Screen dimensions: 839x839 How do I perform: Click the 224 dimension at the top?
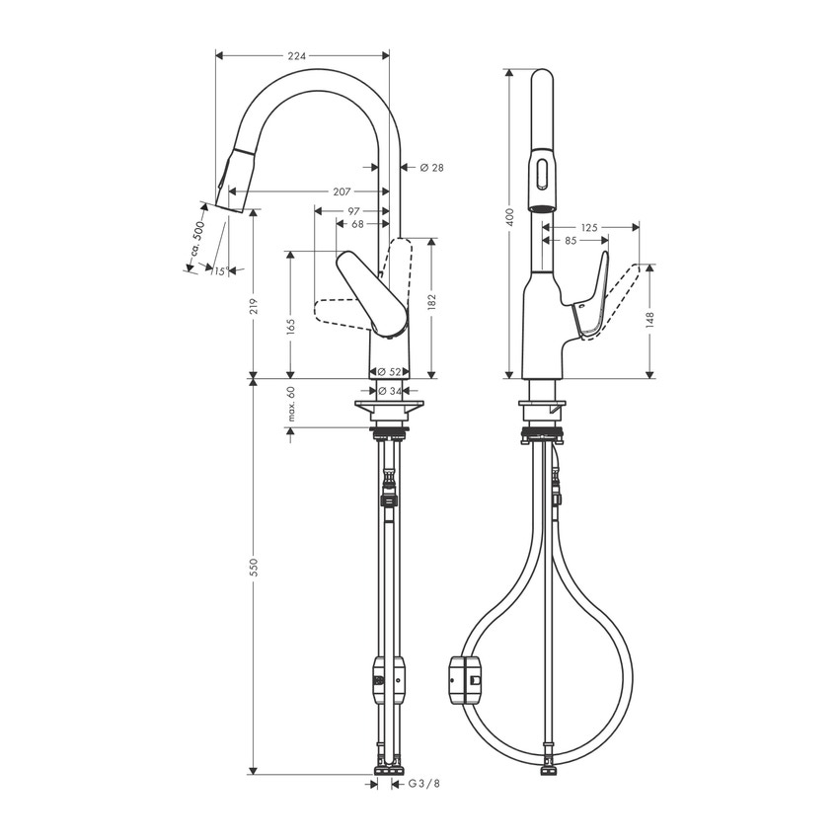[x=296, y=56]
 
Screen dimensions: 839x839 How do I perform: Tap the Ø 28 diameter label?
[x=431, y=168]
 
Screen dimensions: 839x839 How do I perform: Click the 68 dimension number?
[x=357, y=225]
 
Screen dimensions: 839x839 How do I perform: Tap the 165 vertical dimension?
[x=290, y=327]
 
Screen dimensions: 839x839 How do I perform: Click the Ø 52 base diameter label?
[x=391, y=372]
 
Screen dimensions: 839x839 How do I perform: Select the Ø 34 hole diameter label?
[x=391, y=392]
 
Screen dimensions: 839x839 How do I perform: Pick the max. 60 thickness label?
[x=292, y=405]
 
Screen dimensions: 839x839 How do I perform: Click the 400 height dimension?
[x=509, y=216]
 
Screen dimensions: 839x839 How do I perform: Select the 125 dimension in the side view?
[x=588, y=227]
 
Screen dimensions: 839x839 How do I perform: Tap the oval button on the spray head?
[x=541, y=176]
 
